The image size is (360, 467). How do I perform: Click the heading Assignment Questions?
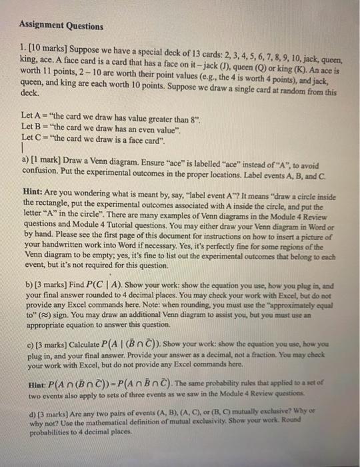(x=61, y=26)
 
